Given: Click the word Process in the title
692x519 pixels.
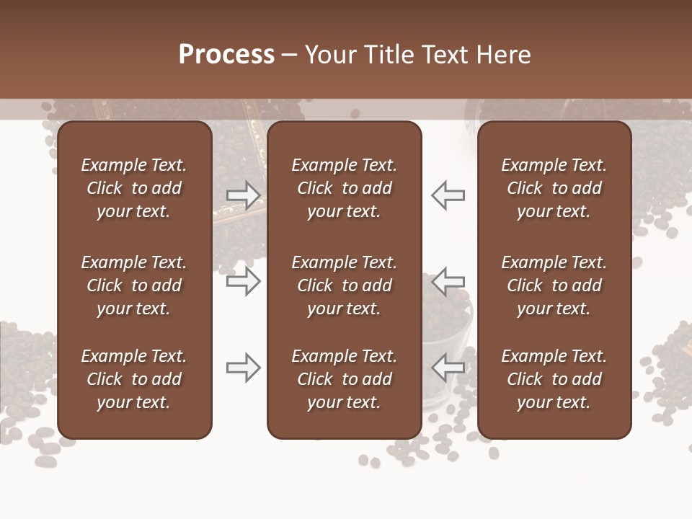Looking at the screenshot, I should coord(226,55).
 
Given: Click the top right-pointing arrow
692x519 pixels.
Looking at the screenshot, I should coord(244,195).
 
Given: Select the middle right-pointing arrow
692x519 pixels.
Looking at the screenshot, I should coord(244,281).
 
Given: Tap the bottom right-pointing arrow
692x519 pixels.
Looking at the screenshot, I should coord(244,368).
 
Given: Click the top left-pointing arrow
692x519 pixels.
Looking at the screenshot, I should coord(448,195).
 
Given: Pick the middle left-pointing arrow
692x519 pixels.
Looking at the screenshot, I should coord(448,281).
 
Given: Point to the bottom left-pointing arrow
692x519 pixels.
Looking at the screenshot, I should coord(448,368).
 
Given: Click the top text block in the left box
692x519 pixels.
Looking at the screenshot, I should coord(134,188).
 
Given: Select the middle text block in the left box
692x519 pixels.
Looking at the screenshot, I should coord(134,285).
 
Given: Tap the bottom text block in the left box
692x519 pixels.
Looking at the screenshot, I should coord(134,379).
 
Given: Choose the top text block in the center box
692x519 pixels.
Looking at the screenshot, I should coord(345,188).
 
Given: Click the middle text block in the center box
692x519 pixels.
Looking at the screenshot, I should coord(345,285).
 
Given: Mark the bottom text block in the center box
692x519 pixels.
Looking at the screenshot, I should coord(345,379).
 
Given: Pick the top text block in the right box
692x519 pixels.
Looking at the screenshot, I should coord(554,188).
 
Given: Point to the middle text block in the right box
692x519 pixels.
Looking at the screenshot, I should coord(554,285).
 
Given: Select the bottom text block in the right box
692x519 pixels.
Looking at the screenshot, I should coord(554,379).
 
